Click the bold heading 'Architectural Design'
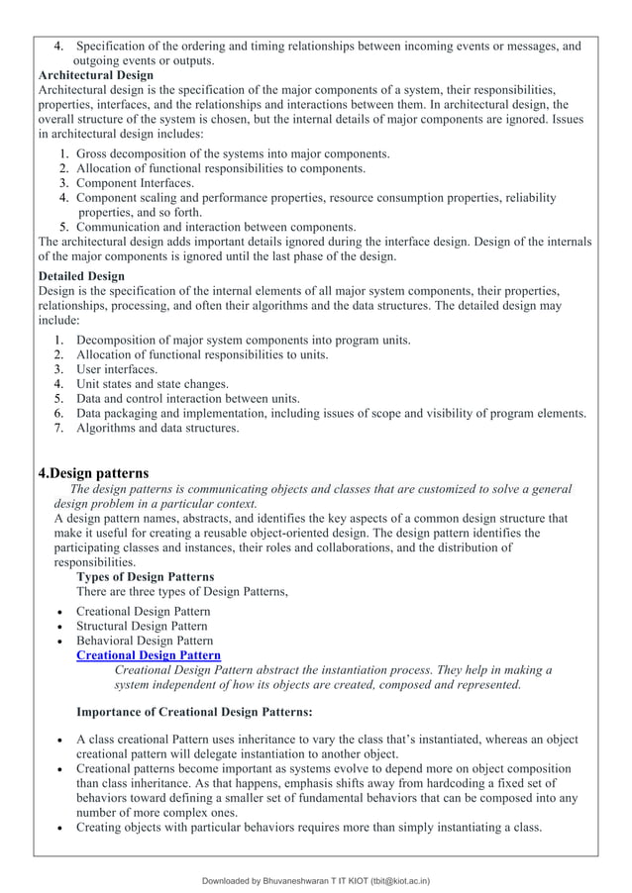click(x=95, y=75)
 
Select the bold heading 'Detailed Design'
click(x=81, y=275)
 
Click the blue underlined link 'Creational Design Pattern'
click(x=149, y=655)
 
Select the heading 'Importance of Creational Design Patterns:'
click(x=194, y=711)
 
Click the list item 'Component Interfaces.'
click(x=136, y=183)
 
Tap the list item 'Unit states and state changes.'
click(x=152, y=384)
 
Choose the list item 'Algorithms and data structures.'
click(x=158, y=429)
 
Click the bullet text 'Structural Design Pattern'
click(x=142, y=626)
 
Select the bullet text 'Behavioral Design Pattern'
click(x=145, y=641)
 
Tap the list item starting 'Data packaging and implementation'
click(x=331, y=414)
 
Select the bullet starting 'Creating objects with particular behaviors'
click(x=309, y=828)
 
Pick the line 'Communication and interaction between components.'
click(x=216, y=227)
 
